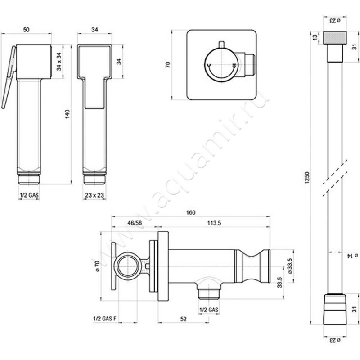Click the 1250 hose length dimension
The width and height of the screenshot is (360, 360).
[307, 177]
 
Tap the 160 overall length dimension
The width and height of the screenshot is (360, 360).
[191, 212]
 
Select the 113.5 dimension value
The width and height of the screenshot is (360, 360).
[214, 223]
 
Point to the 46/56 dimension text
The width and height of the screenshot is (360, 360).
[135, 223]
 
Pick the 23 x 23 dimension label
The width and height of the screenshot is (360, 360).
[94, 195]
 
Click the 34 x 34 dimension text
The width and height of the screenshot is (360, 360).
[59, 62]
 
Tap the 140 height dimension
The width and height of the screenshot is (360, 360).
[67, 114]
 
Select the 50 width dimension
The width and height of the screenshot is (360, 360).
[27, 30]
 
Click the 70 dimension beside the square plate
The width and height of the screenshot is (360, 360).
[168, 64]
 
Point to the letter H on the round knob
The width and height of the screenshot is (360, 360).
[234, 66]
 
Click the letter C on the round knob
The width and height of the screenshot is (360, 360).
[209, 65]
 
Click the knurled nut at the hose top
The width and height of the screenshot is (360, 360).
[335, 38]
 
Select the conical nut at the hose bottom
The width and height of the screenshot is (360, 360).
[335, 309]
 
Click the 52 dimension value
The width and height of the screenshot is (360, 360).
[184, 319]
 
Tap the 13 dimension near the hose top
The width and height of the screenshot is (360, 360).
[315, 37]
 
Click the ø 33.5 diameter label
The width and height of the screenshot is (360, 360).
[290, 266]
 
